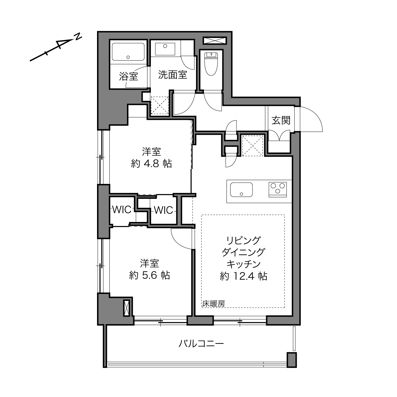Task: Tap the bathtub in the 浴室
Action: tap(128, 52)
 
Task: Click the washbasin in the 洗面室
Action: tap(165, 49)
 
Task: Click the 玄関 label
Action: tap(281, 120)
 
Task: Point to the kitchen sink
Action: tap(241, 189)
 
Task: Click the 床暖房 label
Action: tap(213, 303)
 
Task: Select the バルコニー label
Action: tap(201, 343)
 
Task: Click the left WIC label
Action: tap(122, 210)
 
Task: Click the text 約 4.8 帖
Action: tap(152, 164)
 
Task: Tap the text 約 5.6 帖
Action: tap(150, 275)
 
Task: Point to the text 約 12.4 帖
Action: tap(244, 276)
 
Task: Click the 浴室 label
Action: tap(128, 76)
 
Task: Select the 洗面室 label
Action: tap(172, 75)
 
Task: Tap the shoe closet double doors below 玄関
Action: tap(279, 135)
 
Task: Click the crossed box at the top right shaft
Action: tap(215, 40)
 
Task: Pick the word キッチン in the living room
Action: tap(244, 264)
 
